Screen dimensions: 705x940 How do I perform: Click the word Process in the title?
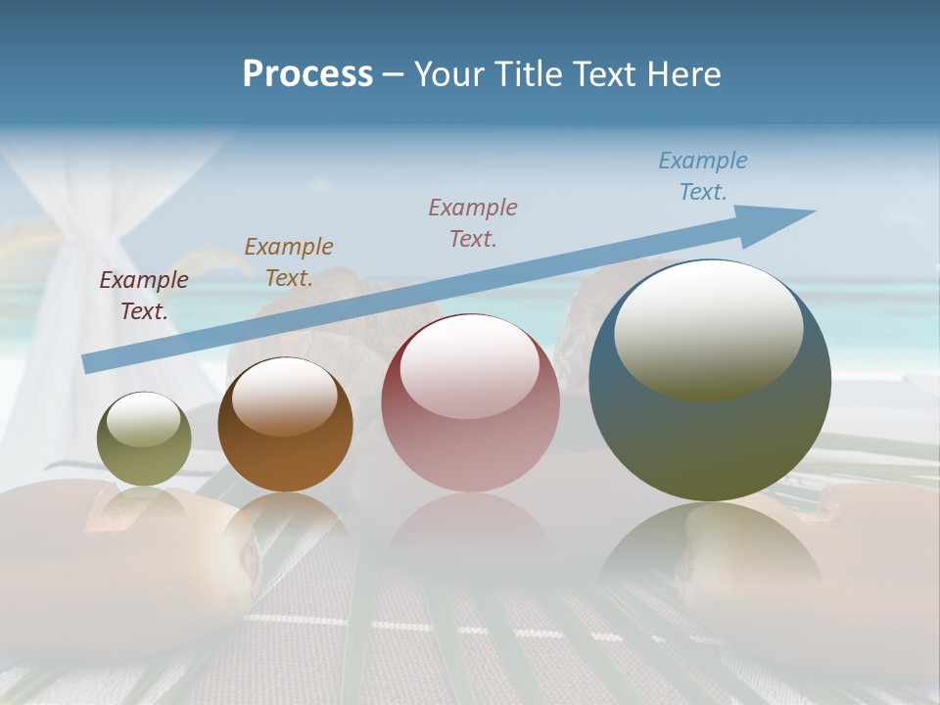pyautogui.click(x=307, y=74)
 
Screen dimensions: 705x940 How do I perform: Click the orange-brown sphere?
pyautogui.click(x=285, y=425)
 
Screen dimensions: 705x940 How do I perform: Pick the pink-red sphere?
pyautogui.click(x=470, y=402)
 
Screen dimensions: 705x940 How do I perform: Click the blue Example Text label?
pyautogui.click(x=702, y=176)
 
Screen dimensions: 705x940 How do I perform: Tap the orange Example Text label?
pyautogui.click(x=289, y=261)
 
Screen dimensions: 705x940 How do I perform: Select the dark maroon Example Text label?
pyautogui.click(x=144, y=295)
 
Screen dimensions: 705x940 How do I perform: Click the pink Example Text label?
pyautogui.click(x=473, y=222)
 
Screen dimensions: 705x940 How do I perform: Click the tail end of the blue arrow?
pyautogui.click(x=90, y=362)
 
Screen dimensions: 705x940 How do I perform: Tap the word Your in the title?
pyautogui.click(x=446, y=74)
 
